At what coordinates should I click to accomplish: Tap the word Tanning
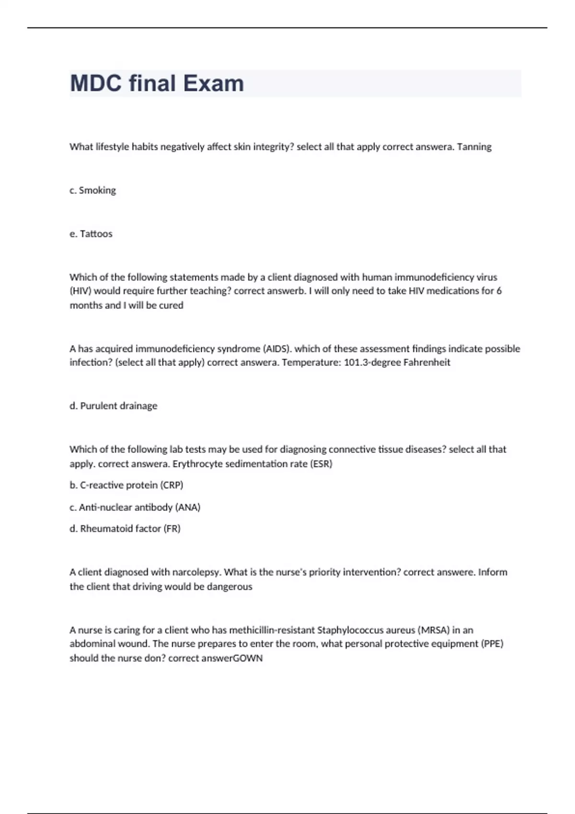[x=474, y=147]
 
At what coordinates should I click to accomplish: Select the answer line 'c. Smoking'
[x=93, y=191]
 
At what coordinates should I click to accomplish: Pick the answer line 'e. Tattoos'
[x=91, y=234]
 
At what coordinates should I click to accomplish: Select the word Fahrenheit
[x=426, y=362]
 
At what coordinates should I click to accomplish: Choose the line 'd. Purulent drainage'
[x=114, y=406]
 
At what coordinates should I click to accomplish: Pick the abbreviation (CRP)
[x=172, y=485]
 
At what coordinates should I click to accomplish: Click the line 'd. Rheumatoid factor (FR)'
[x=125, y=529]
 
